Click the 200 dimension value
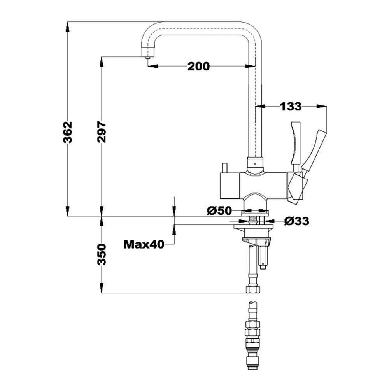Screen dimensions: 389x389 (198, 67)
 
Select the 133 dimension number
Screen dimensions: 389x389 (291, 106)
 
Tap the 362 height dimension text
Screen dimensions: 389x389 (68, 132)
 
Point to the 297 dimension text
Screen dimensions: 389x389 (102, 132)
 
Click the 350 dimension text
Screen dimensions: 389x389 (102, 254)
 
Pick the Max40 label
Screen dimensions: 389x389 (144, 244)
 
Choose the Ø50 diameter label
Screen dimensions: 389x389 (219, 211)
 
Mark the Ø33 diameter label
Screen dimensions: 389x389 (296, 221)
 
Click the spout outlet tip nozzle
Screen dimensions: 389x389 (148, 57)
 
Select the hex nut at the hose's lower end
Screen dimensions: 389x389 (253, 289)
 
